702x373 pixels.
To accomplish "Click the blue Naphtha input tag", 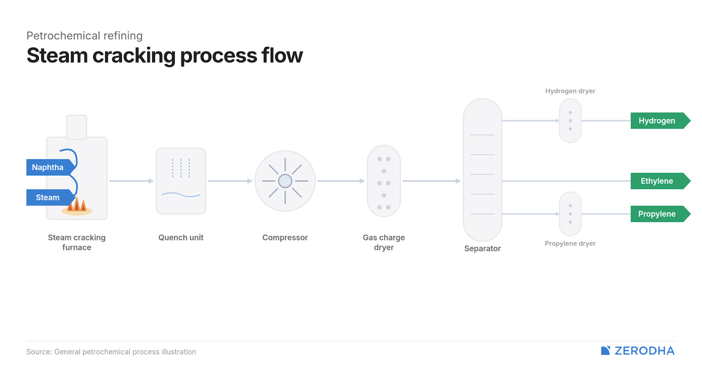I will [48, 167].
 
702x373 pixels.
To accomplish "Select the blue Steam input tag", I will [48, 197].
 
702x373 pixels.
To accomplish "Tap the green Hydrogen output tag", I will [658, 121].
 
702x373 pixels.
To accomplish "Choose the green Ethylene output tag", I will [658, 181].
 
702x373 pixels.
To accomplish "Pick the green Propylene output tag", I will [658, 214].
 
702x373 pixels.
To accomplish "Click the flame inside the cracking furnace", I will [77, 205].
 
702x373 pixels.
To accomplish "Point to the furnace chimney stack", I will [77, 127].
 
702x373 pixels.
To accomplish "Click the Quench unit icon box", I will [181, 181].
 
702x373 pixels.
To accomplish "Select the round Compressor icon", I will [285, 181].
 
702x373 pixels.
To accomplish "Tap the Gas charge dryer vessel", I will [384, 181].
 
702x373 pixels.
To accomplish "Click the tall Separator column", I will [482, 170].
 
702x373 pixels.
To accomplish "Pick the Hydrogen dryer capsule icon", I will [570, 121].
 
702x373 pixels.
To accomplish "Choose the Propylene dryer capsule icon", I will [570, 214].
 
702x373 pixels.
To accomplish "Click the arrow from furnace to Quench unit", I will [131, 181].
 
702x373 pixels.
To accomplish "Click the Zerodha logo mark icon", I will [605, 351].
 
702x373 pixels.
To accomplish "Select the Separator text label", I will [482, 248].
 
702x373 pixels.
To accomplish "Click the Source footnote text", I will [111, 351].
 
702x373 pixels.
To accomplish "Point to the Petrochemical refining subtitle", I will [85, 36].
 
